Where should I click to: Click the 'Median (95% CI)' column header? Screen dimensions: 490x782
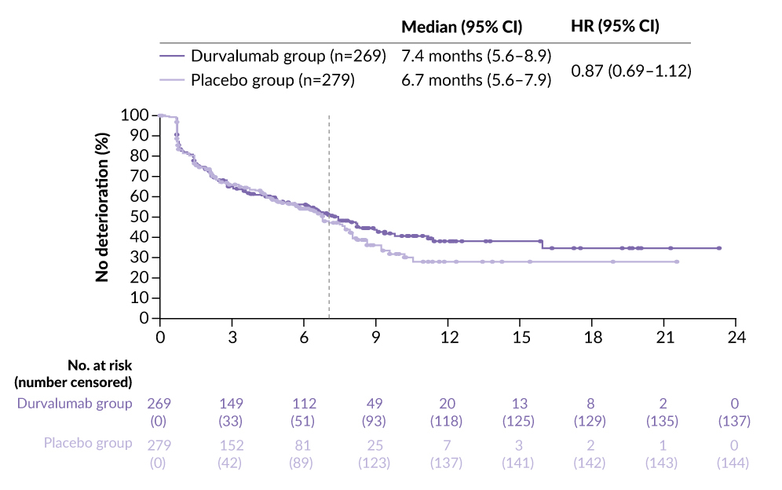462,26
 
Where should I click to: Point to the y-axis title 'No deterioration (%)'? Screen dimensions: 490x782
102,216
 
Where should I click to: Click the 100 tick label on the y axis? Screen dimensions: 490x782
135,115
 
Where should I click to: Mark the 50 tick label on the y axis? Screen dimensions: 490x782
139,217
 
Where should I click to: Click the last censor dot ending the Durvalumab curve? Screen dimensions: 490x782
718,248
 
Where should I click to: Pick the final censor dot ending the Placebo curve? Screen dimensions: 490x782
676,261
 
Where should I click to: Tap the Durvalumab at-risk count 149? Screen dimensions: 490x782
232,404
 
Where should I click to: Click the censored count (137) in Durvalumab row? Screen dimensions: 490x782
736,421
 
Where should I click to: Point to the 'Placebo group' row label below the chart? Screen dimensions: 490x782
87,444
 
